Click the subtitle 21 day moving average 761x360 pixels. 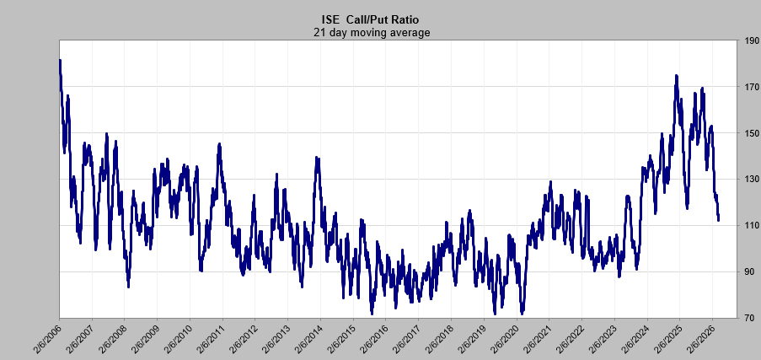click(372, 33)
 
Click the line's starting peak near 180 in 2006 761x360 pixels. click(60, 62)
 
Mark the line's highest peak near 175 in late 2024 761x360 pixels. click(677, 76)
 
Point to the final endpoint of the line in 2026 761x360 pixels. click(718, 220)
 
